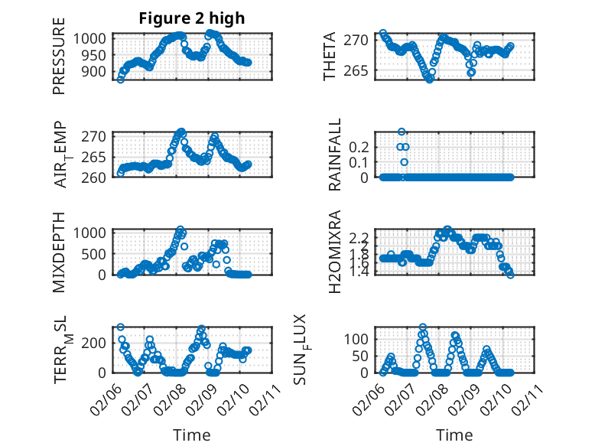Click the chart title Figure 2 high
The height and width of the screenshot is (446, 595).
(191, 18)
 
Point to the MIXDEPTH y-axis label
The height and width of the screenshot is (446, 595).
(60, 252)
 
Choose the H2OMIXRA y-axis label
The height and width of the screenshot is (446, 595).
(335, 252)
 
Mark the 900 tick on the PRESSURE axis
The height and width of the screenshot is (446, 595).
(98, 72)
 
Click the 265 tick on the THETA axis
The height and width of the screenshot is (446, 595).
(363, 72)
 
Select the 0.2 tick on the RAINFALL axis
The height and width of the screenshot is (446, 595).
(363, 146)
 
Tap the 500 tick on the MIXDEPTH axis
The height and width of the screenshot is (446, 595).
(98, 253)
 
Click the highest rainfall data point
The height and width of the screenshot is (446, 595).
(402, 132)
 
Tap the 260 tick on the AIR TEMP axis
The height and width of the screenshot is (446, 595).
(98, 177)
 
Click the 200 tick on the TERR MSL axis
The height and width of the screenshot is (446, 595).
(98, 341)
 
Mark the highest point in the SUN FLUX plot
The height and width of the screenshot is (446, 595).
(423, 327)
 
